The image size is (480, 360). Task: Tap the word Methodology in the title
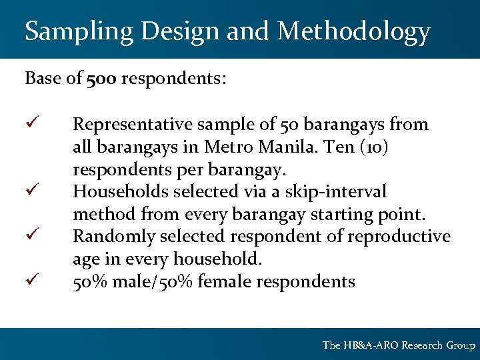coord(353,31)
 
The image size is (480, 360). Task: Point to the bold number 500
coord(102,79)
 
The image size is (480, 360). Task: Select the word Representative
coord(131,125)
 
